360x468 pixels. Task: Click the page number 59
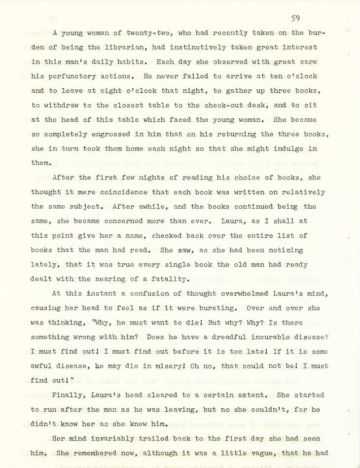pyautogui.click(x=295, y=18)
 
